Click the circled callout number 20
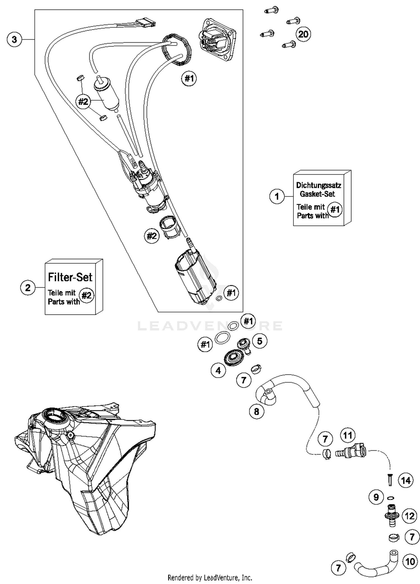coord(303,34)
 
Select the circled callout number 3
coord(14,39)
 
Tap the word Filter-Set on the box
coord(70,277)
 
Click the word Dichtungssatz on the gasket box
coord(318,185)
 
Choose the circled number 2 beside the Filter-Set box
coord(28,287)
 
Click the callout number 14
coord(406,481)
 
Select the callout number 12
coord(410,516)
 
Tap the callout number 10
coord(410,562)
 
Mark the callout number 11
coord(348,435)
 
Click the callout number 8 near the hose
coord(256,411)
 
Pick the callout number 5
coord(260,341)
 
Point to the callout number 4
coord(218,371)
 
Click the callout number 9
coord(376,497)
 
